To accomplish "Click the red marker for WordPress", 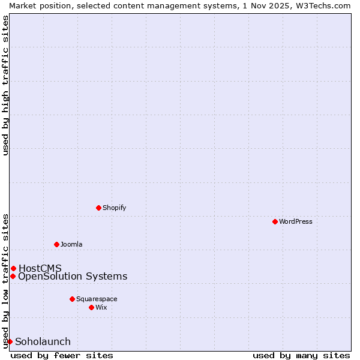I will click(275, 221).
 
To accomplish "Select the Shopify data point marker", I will click(98, 208).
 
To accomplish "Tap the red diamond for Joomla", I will click(56, 244).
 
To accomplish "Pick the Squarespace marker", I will click(72, 299).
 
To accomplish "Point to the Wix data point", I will click(91, 307).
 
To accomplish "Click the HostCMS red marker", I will click(13, 268).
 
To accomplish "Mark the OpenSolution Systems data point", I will click(13, 276).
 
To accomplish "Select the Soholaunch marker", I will click(10, 341).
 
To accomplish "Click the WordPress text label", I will click(296, 221).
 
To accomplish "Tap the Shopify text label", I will click(114, 208).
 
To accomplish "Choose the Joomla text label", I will click(71, 244).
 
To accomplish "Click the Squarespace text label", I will click(97, 299).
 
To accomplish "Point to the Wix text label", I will click(101, 307).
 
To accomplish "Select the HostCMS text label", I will click(40, 268).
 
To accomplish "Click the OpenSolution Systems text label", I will click(73, 276).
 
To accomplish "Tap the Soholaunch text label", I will click(43, 341).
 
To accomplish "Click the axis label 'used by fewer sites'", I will click(62, 355).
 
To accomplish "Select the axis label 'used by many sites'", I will click(301, 355).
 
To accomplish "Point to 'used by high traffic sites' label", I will click(5, 85).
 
